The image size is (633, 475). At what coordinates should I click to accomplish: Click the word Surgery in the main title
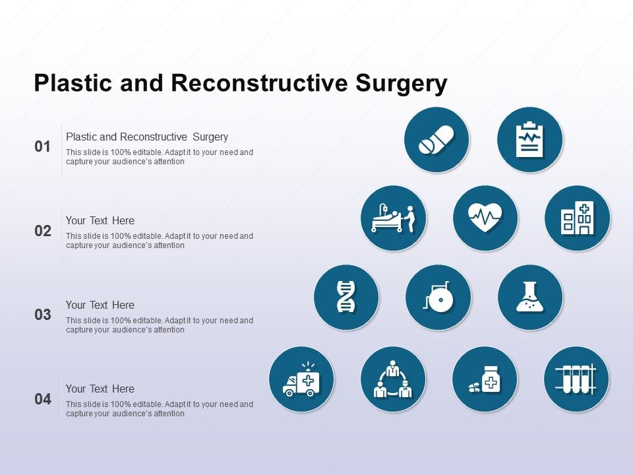(402, 84)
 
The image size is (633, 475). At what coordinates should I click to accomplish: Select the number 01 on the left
(43, 146)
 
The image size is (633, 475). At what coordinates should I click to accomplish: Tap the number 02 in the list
(43, 231)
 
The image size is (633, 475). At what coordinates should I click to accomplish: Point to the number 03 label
(43, 315)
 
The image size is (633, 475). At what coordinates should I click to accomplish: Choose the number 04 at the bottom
(43, 399)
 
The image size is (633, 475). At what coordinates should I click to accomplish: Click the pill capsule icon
(437, 140)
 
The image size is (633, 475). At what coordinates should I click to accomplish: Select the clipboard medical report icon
(529, 140)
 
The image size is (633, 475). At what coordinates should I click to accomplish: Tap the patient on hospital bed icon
(394, 218)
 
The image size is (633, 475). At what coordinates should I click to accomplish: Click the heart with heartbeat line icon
(485, 218)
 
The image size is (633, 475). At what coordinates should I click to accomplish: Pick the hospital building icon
(577, 218)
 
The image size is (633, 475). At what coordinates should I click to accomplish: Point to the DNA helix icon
(346, 297)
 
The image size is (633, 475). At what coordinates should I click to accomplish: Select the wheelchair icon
(438, 297)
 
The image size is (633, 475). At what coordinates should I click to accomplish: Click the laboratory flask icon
(530, 297)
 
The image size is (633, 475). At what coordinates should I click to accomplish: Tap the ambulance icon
(301, 379)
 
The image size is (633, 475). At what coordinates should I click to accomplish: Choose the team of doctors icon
(393, 379)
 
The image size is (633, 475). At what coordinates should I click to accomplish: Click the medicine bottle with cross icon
(485, 379)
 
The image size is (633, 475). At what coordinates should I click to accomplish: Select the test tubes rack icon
(576, 379)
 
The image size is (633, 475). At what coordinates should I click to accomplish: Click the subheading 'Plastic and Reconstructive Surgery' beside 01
(147, 137)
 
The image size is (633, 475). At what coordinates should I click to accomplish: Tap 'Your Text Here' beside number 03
(100, 305)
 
